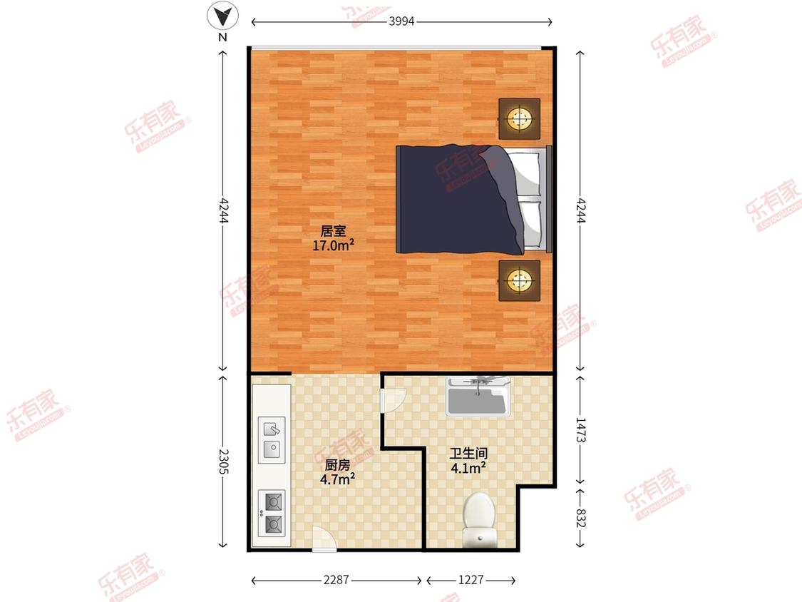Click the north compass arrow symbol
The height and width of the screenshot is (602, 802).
coord(223,16)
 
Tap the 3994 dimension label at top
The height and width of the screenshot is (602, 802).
coord(401,21)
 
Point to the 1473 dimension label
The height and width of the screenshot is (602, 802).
coord(580,430)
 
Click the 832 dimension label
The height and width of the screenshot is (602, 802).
coord(580,518)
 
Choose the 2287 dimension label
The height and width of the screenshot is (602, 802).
coord(336,579)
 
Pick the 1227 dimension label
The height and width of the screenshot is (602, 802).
coord(471,579)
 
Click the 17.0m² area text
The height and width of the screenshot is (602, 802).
coord(334,245)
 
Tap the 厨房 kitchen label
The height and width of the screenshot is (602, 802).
coord(338,465)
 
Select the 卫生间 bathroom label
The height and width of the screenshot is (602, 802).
coord(468,454)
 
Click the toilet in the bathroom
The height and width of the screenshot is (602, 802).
coord(479,519)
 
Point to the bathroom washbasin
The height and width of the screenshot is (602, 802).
coord(478,396)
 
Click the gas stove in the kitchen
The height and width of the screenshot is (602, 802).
coord(272,514)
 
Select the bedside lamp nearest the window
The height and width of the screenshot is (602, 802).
coord(520,119)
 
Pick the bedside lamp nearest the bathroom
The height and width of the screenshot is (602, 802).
coord(520,280)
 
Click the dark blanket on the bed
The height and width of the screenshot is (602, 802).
coord(458,200)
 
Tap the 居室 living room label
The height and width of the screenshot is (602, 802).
coord(334,231)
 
